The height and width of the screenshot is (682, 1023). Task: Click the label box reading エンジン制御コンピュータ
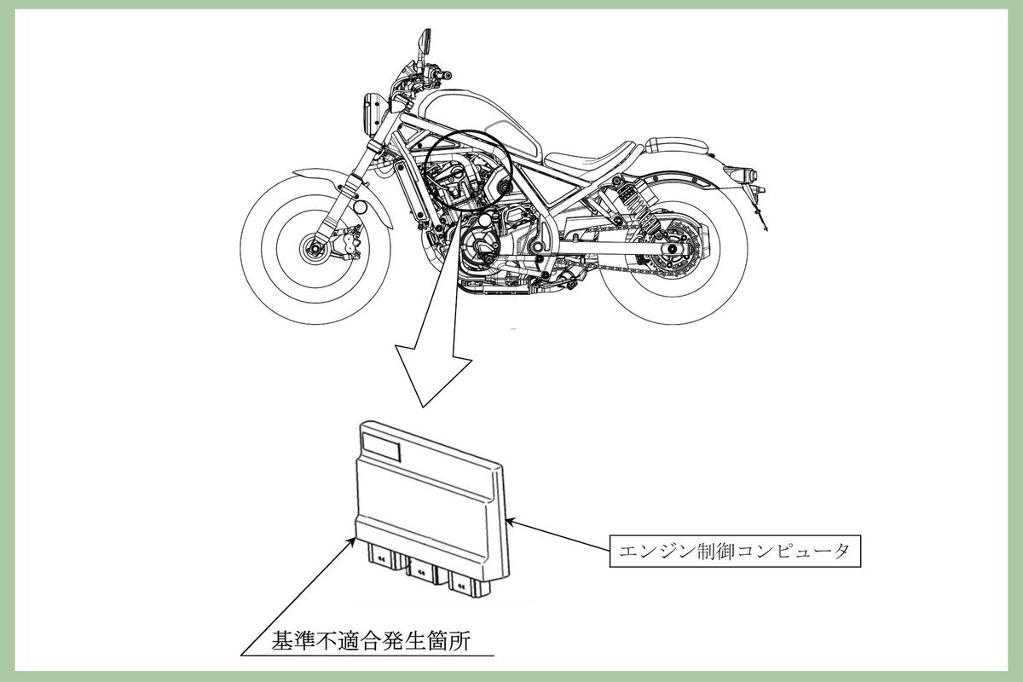735,551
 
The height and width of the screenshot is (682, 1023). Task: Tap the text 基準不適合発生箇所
371,641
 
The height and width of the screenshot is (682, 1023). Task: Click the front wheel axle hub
315,249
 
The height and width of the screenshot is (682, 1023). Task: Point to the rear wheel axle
673,248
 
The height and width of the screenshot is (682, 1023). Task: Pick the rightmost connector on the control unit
464,582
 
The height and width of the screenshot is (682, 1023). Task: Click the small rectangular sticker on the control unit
381,445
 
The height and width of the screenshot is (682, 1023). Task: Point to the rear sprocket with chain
673,249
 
